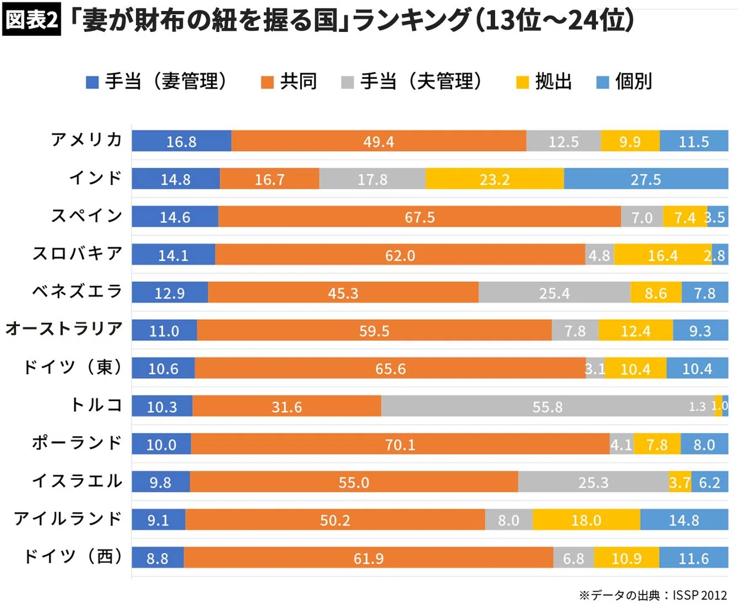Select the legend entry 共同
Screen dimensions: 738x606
pyautogui.click(x=288, y=81)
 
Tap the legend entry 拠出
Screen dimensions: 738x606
pyautogui.click(x=544, y=81)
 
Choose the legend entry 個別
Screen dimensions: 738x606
pyautogui.click(x=624, y=81)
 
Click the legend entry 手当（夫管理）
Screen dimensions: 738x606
pyautogui.click(x=411, y=81)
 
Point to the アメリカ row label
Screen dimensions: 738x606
pyautogui.click(x=87, y=140)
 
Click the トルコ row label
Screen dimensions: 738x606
pyautogui.click(x=96, y=405)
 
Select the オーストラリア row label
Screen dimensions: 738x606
pyautogui.click(x=64, y=329)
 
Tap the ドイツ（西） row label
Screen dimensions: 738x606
pyautogui.click(x=73, y=557)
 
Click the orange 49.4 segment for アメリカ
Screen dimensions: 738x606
pyautogui.click(x=379, y=141)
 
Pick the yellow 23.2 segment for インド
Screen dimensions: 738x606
pyautogui.click(x=495, y=178)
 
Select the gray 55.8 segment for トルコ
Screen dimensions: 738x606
pyautogui.click(x=548, y=406)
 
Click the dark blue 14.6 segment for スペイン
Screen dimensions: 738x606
pyautogui.click(x=175, y=217)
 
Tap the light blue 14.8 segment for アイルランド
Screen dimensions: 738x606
pyautogui.click(x=684, y=519)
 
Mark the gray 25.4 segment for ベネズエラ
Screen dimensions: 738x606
pyautogui.click(x=555, y=292)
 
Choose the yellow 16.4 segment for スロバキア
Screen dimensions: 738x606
pyautogui.click(x=663, y=255)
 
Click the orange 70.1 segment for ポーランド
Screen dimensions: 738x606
pyautogui.click(x=400, y=444)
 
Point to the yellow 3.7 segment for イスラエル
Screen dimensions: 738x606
pyautogui.click(x=680, y=482)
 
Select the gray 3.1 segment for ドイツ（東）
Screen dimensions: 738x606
pyautogui.click(x=595, y=368)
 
